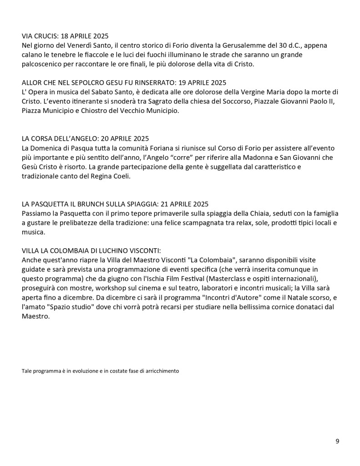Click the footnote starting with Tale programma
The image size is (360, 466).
tap(100, 371)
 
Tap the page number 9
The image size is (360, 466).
tap(337, 441)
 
